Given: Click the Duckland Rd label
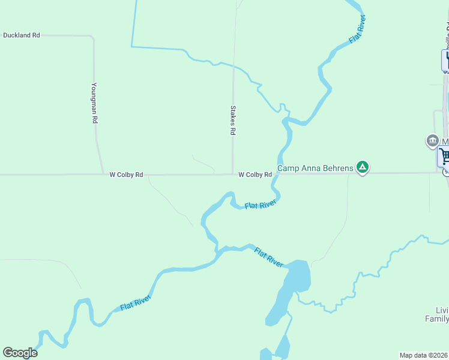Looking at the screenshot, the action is click(x=22, y=35).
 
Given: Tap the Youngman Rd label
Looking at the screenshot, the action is click(x=94, y=103).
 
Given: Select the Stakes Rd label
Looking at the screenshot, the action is click(x=233, y=121).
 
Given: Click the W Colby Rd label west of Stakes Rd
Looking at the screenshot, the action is click(x=126, y=175).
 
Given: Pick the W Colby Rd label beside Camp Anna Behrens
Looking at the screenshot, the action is click(x=255, y=175).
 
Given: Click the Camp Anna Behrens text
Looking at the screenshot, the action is click(x=315, y=168).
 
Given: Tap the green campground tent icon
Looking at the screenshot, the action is click(x=362, y=167).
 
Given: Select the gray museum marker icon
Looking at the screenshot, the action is click(x=432, y=141).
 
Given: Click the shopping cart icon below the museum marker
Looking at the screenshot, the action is click(x=444, y=157).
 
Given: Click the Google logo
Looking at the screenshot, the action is click(x=20, y=353).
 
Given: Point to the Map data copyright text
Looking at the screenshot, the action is click(x=424, y=355).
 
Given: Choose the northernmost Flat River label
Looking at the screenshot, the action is click(x=358, y=29).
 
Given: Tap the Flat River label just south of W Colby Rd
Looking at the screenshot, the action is click(x=260, y=205).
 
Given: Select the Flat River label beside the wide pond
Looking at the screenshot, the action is click(x=268, y=257).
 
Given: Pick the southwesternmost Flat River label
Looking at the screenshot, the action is click(x=135, y=302).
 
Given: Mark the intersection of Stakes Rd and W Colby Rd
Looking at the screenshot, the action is click(x=233, y=175).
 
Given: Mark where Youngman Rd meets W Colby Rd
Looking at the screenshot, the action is click(x=100, y=175).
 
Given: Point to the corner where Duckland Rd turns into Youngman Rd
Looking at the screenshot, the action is click(x=92, y=37).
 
